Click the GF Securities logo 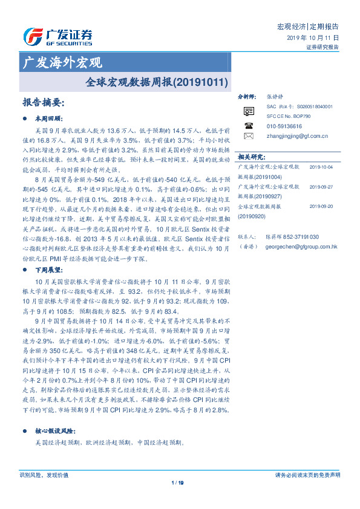click(57, 37)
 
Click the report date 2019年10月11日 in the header click(312, 37)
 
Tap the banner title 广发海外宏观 click(62, 62)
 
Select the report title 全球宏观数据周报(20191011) click(157, 79)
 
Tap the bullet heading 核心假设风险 click(55, 431)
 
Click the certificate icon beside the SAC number click(249, 111)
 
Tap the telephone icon click(249, 125)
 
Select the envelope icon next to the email click(249, 136)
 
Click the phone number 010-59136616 click(284, 126)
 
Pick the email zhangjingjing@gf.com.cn click(297, 136)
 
